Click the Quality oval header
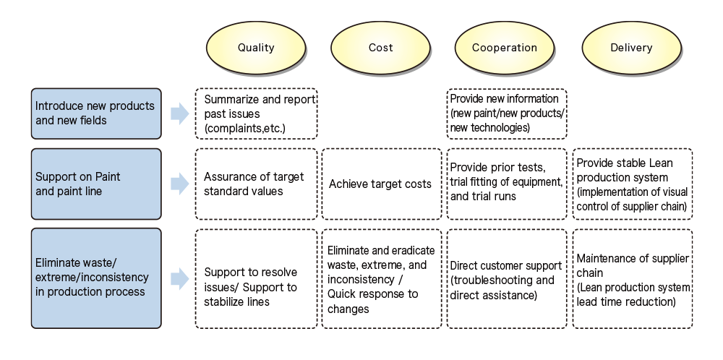(256, 48)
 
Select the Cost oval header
(380, 48)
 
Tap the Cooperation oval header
(505, 48)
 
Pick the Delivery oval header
(631, 48)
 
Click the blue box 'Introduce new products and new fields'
(96, 113)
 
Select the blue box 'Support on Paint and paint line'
(96, 184)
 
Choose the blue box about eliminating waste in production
(96, 278)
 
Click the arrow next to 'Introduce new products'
(180, 113)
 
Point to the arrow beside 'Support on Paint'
(180, 184)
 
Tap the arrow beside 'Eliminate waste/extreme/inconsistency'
(180, 278)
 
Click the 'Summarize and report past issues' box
(257, 113)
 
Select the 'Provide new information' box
(507, 113)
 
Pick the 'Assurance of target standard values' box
(257, 184)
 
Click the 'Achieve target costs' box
(382, 184)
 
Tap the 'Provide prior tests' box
(507, 184)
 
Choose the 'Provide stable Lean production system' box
(633, 184)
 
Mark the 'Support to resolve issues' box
(257, 278)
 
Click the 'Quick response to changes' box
(382, 278)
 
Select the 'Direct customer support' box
(507, 278)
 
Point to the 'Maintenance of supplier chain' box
(633, 278)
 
